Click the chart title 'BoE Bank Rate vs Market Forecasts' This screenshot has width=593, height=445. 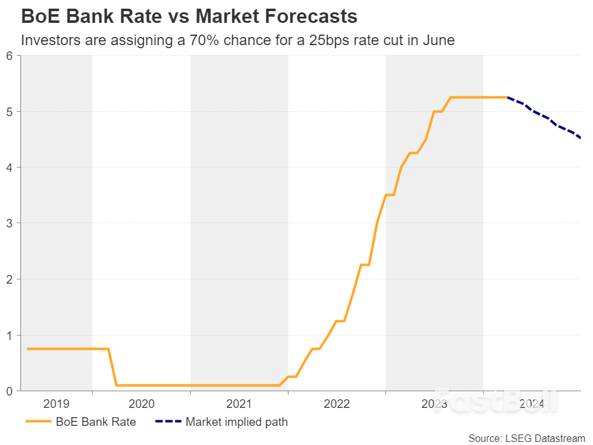189,16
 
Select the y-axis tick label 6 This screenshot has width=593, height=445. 9,56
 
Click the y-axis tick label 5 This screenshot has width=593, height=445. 9,112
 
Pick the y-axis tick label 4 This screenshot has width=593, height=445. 9,167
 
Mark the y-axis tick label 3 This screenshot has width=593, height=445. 9,223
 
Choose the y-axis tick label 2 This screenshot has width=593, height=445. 9,279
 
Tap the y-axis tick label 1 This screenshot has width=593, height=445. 9,335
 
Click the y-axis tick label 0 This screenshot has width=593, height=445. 9,391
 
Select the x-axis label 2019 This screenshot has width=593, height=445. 56,404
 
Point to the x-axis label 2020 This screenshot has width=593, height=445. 141,404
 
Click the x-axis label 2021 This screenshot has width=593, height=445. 239,404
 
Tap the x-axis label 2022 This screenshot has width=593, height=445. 337,404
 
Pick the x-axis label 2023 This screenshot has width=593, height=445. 434,404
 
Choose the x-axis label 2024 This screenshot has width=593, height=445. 532,404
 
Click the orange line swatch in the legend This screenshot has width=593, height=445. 38,423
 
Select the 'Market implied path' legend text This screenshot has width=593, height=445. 236,423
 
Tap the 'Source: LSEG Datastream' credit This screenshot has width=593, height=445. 526,438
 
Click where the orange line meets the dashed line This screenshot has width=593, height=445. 507,97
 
